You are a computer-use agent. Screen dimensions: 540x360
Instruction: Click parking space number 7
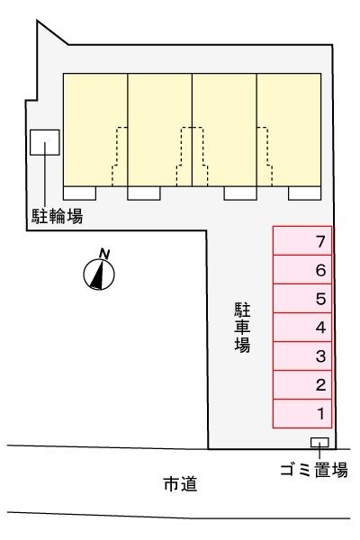click(303, 241)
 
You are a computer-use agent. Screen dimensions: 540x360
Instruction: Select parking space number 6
click(303, 270)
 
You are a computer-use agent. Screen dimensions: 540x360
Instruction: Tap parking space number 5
click(303, 299)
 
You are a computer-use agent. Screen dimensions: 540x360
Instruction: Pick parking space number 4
click(303, 328)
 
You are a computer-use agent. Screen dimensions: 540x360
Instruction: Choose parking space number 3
click(303, 356)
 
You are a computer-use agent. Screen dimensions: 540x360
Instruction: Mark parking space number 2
click(303, 385)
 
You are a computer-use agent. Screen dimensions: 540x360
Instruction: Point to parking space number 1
click(303, 414)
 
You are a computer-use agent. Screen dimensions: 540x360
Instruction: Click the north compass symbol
click(98, 273)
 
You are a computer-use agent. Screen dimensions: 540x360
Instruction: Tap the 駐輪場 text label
click(53, 217)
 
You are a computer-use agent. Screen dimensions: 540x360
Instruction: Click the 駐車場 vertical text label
click(242, 327)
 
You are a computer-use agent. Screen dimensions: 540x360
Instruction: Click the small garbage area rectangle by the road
click(319, 442)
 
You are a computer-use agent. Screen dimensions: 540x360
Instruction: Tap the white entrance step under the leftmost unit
click(80, 193)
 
